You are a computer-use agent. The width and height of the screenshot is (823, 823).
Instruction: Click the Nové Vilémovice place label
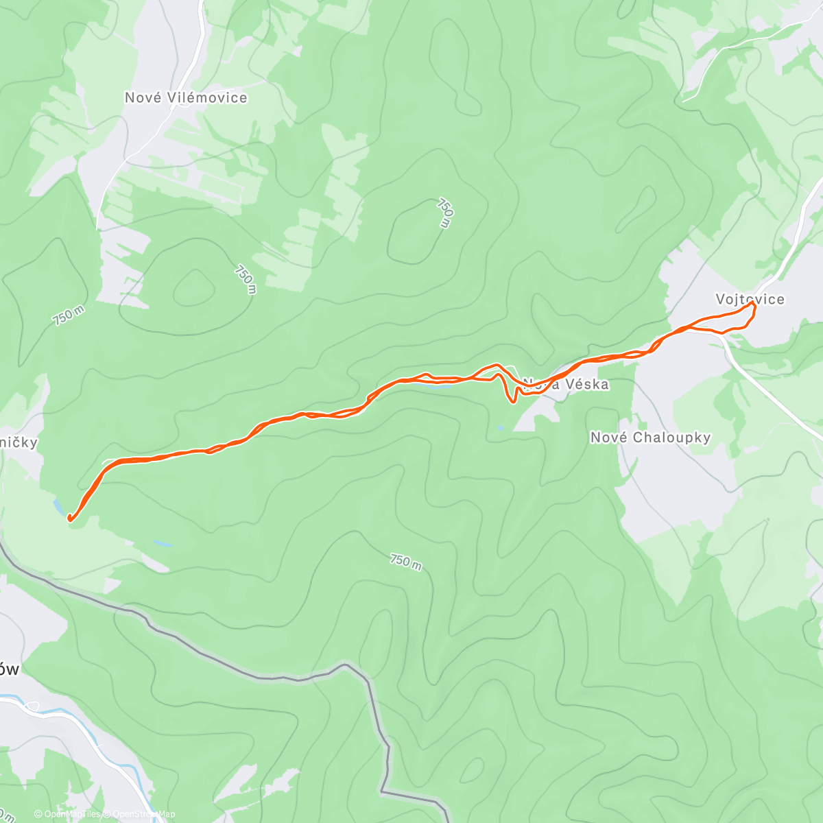tap(186, 98)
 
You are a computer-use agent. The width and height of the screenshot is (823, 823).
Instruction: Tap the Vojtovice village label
tap(750, 299)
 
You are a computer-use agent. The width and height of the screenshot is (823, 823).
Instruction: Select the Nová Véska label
tap(566, 384)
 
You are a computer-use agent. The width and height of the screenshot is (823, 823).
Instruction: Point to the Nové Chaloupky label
tap(650, 438)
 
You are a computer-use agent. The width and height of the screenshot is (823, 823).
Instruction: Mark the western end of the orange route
tap(69, 519)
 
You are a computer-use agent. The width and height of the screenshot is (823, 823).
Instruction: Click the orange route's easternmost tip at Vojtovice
tap(754, 305)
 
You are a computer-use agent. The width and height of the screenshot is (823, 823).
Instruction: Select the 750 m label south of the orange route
tap(405, 561)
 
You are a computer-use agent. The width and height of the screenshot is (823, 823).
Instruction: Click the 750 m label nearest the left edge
tap(69, 315)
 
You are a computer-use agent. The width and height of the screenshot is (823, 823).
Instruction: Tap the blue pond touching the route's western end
tap(60, 507)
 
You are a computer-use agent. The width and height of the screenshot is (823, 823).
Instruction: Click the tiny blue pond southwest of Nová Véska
tap(500, 428)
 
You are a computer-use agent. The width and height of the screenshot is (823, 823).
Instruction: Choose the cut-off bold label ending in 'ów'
tap(10, 669)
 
